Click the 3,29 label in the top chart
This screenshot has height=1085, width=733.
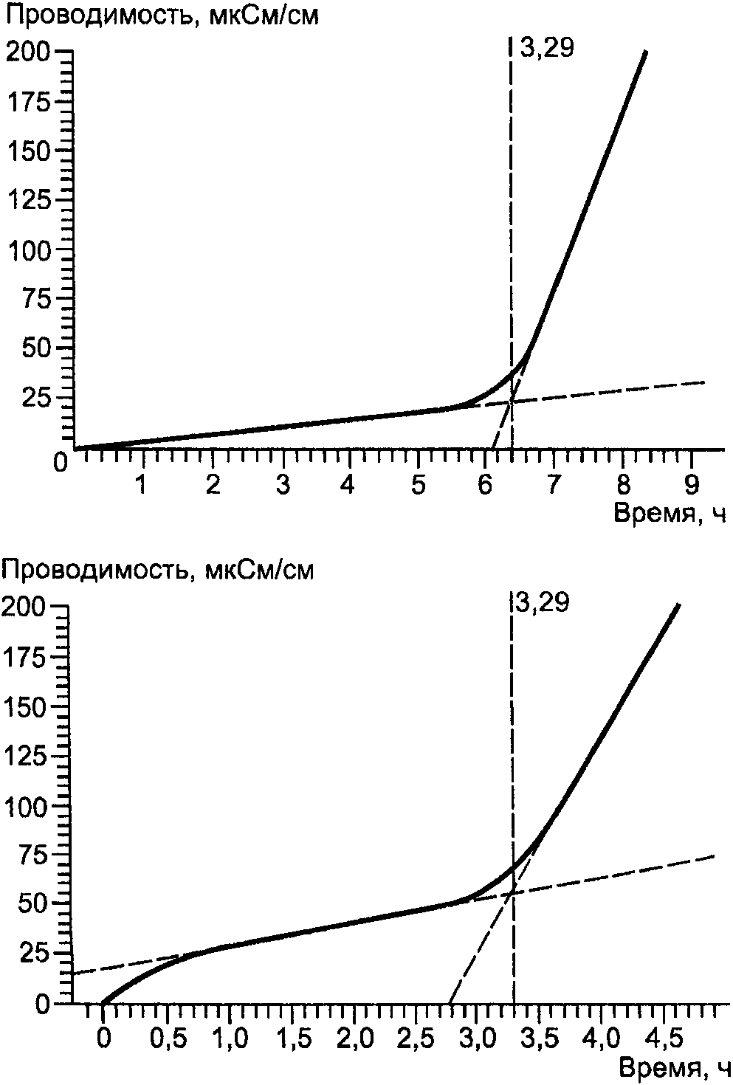click(x=547, y=49)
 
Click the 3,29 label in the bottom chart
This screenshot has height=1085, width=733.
click(x=543, y=604)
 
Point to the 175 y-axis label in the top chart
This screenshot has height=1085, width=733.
click(x=28, y=102)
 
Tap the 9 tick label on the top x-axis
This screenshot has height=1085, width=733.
click(x=692, y=484)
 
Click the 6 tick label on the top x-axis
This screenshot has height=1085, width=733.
click(x=485, y=484)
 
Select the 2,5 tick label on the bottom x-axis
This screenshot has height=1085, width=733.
click(x=419, y=1038)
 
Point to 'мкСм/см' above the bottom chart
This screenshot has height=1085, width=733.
click(x=259, y=571)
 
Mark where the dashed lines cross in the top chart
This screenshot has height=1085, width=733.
click(x=509, y=402)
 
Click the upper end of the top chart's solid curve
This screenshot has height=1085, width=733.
click(x=645, y=51)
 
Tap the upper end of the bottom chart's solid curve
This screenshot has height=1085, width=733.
click(x=678, y=604)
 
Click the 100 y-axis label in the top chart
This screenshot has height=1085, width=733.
click(x=28, y=251)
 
